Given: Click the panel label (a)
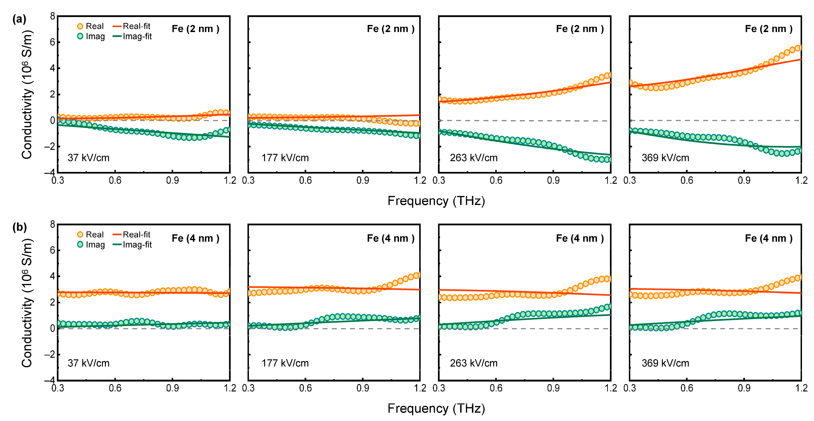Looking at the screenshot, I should point(19,19).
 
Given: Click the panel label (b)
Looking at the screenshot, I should point(19,227).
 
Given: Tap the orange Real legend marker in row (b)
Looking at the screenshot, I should point(80,235).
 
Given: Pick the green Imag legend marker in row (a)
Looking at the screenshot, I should point(80,36).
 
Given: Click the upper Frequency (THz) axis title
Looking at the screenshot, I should point(436,201).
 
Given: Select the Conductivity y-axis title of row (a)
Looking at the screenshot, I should point(27,95).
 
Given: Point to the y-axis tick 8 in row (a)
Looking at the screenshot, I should point(52,16).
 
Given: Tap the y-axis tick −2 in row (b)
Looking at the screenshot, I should point(50,354).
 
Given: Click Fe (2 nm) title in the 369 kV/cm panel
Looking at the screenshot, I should point(768,29).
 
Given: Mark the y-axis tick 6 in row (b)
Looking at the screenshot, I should point(52,250).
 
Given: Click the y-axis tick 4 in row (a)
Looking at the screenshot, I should point(52,68).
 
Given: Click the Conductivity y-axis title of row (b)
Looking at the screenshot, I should point(27,303).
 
